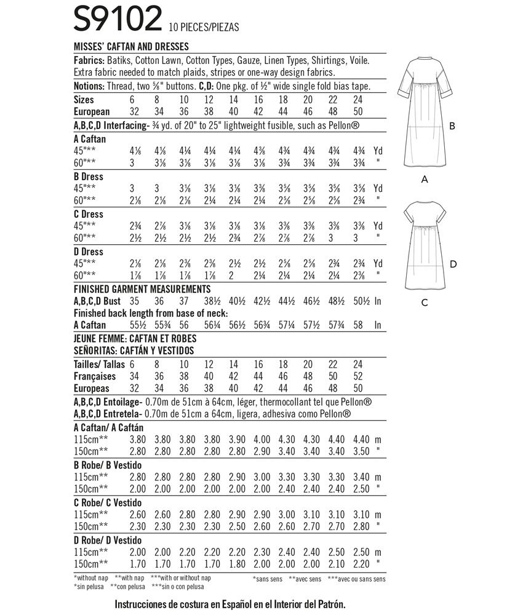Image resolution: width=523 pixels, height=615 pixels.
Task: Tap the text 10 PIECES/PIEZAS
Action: (204, 27)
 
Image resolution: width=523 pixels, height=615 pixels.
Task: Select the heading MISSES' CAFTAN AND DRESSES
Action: (130, 46)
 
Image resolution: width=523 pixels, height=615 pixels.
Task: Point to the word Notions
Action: (90, 86)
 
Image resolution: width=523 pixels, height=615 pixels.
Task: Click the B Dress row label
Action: (88, 177)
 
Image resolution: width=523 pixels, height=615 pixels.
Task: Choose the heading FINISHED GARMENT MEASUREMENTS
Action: (142, 289)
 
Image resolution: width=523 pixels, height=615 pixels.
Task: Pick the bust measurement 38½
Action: (212, 301)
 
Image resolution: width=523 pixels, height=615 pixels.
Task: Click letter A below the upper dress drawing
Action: (424, 179)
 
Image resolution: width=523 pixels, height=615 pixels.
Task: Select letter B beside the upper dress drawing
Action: (452, 126)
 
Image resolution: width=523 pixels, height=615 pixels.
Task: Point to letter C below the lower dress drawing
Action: (424, 303)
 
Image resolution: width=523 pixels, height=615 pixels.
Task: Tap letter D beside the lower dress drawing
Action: (453, 264)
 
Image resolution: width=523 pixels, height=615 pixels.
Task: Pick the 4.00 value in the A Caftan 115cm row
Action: (261, 440)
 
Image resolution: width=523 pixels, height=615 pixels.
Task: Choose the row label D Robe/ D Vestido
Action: (108, 541)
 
